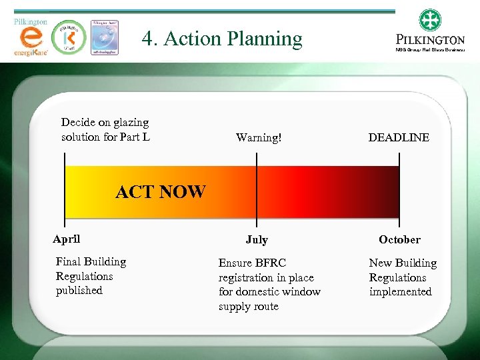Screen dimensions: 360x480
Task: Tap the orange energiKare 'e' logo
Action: click(x=30, y=40)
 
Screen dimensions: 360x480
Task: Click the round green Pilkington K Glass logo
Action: click(x=70, y=37)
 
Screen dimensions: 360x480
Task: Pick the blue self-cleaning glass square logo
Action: click(x=105, y=37)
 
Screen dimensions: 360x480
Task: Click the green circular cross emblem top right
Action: click(x=431, y=20)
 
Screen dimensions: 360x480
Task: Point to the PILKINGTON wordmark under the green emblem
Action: click(x=430, y=40)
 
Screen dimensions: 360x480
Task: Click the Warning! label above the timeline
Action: click(x=259, y=138)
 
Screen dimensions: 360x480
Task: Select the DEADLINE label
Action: click(x=399, y=138)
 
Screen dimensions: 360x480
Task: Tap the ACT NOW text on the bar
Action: click(x=161, y=192)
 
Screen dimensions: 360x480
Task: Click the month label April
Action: click(x=67, y=239)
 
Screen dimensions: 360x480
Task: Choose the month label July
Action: click(x=257, y=239)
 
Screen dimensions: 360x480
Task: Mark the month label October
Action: click(x=399, y=239)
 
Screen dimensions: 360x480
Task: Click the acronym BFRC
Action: click(x=271, y=263)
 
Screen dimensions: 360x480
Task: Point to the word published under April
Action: click(x=79, y=291)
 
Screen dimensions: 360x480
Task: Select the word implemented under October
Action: click(x=401, y=292)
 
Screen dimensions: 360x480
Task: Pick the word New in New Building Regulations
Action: click(x=381, y=263)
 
